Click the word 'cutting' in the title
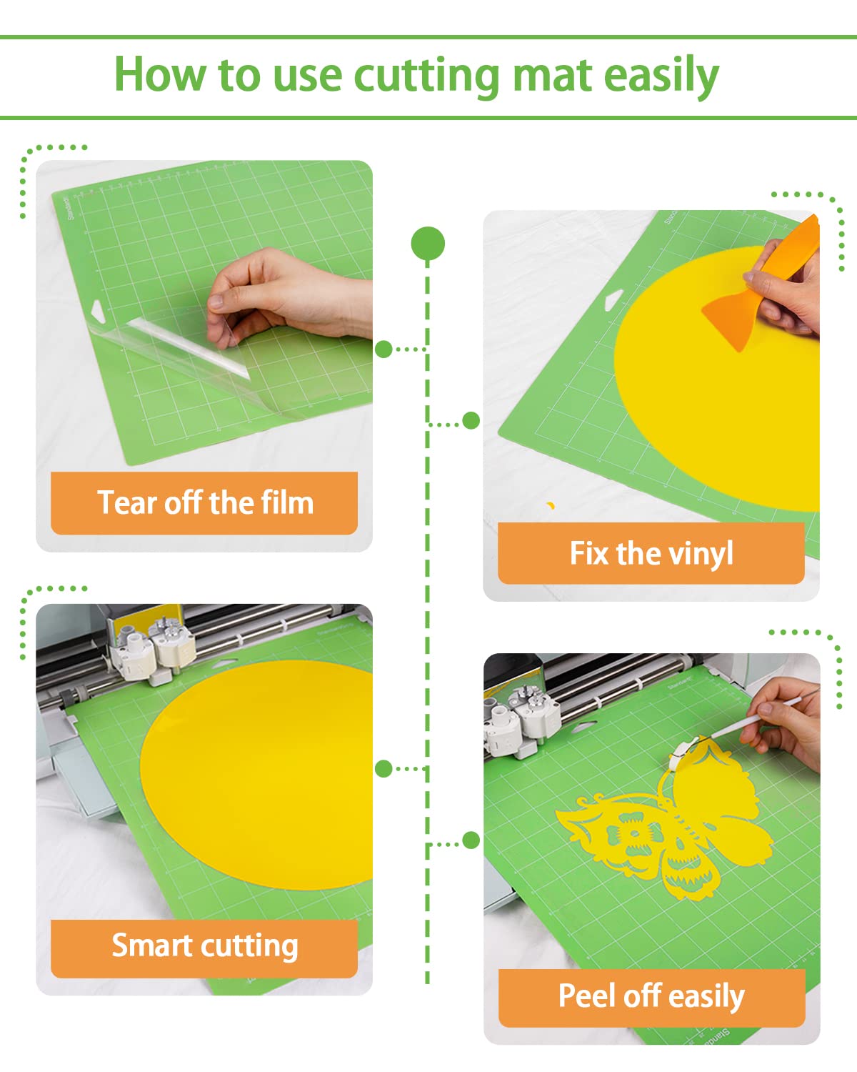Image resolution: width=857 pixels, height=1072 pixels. (x=426, y=76)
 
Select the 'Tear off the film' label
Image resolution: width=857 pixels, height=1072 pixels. (x=204, y=503)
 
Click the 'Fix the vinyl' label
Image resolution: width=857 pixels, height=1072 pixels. (x=651, y=553)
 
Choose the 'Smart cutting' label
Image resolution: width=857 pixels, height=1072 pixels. (x=204, y=946)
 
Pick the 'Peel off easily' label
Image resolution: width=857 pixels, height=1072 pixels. (x=651, y=996)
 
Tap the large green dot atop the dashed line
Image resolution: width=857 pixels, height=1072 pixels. (x=428, y=244)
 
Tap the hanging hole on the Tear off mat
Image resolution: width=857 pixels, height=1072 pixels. (x=97, y=310)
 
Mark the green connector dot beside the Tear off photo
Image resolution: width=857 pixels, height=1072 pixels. (x=384, y=349)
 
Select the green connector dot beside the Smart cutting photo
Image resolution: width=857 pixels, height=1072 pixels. (x=384, y=769)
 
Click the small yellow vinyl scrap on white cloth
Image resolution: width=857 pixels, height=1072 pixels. (x=550, y=506)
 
